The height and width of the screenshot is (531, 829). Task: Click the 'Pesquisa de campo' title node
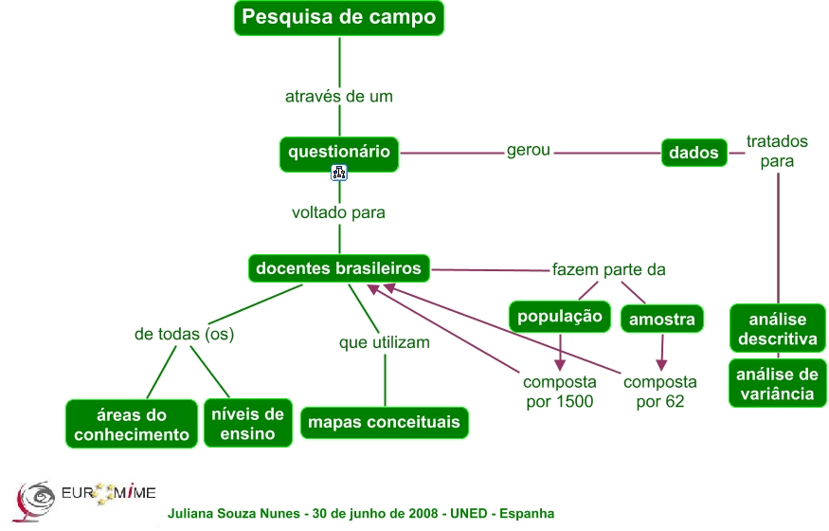338,17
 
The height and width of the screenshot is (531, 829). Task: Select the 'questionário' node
339,151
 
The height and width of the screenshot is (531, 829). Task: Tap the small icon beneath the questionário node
339,173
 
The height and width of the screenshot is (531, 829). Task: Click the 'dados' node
694,152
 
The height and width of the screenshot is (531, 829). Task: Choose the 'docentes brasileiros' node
339,268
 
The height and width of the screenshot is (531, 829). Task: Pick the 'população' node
558,316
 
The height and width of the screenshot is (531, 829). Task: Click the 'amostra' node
662,320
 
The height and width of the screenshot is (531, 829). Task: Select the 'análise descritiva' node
778,329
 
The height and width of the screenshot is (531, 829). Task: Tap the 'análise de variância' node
778,384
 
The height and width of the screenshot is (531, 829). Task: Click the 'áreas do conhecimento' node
131,424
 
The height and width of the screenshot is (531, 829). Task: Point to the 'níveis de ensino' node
248,423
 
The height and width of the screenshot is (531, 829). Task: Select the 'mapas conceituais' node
384,422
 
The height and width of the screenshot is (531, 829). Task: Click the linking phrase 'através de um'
339,96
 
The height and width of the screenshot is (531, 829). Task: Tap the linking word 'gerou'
529,150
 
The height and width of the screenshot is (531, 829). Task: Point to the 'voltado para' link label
338,212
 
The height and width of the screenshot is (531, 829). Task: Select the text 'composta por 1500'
560,392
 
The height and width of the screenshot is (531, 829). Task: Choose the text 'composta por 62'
660,392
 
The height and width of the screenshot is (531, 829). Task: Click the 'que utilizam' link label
385,342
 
